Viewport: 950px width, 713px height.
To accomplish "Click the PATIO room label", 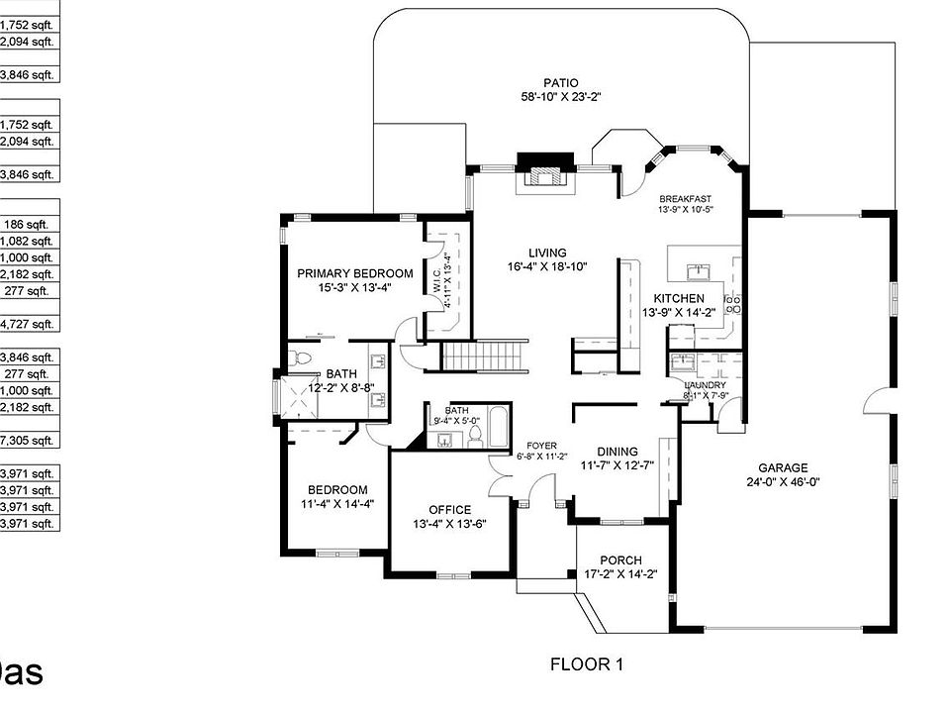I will click(x=561, y=82).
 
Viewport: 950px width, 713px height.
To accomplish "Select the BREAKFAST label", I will click(x=685, y=197).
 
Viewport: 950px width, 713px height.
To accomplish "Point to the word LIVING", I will click(x=547, y=254).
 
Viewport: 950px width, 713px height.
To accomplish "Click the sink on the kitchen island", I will click(x=701, y=269).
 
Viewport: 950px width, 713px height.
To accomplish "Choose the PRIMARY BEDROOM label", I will click(x=355, y=273).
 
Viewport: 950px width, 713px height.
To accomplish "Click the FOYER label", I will click(x=541, y=446).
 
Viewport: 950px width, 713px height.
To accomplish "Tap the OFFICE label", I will click(x=449, y=510).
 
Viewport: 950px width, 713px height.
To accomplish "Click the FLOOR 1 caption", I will click(x=586, y=664).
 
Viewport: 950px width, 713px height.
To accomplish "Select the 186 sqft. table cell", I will click(x=29, y=225).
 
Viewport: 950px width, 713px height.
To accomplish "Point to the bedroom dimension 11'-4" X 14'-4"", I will click(x=337, y=504).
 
